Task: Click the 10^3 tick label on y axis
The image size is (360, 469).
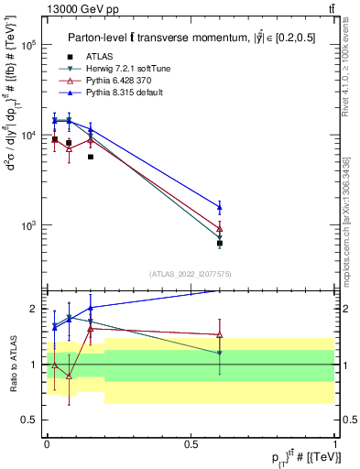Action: [x=28, y=225]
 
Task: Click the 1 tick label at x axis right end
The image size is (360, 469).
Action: [x=335, y=443]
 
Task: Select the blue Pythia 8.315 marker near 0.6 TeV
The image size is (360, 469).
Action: [x=220, y=207]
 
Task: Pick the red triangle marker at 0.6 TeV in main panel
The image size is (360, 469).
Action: [x=220, y=228]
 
